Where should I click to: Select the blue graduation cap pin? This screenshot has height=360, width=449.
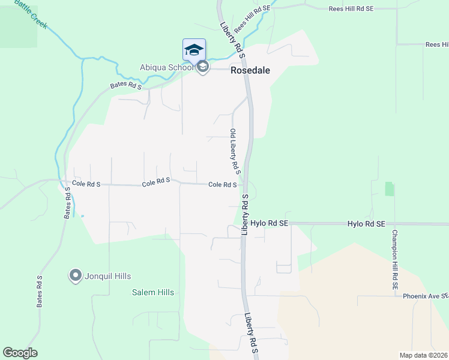click(194, 49)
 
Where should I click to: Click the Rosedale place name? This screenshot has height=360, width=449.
click(250, 70)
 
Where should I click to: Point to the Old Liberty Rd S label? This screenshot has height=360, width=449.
click(235, 151)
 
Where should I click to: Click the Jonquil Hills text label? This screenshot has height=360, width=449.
click(108, 276)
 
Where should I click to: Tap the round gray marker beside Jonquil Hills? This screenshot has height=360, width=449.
click(76, 276)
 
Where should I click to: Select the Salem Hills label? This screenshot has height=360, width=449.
click(153, 292)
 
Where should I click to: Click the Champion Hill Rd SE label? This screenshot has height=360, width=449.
click(395, 260)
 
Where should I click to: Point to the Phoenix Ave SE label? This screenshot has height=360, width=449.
click(425, 296)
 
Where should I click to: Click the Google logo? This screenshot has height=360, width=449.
click(20, 353)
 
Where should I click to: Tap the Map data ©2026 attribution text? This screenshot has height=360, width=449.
click(423, 355)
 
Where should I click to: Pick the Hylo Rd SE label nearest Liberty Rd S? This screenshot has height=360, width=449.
click(270, 223)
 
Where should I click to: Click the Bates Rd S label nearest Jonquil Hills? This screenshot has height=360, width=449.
click(40, 292)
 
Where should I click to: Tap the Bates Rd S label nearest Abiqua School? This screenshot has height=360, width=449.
click(126, 86)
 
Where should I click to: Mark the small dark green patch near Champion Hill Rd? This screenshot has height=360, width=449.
click(390, 189)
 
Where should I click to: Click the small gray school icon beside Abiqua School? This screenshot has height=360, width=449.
click(203, 68)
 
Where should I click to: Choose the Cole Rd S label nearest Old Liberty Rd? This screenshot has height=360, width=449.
click(222, 185)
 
